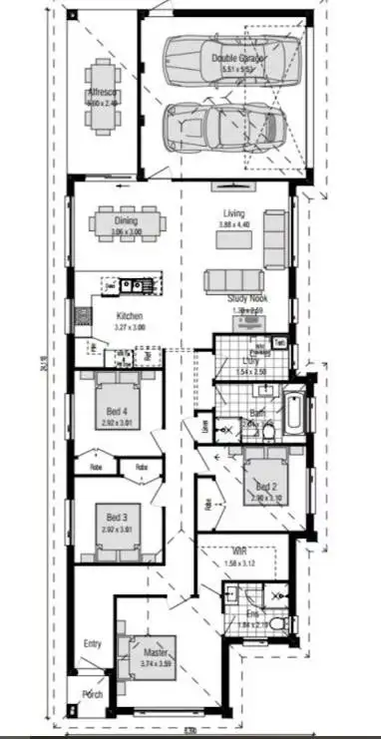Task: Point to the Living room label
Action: [x=233, y=213]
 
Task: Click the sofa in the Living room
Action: [x=236, y=280]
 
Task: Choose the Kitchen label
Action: [x=130, y=314]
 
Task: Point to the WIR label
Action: [x=239, y=552]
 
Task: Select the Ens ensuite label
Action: [x=253, y=614]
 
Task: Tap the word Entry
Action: [x=93, y=643]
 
